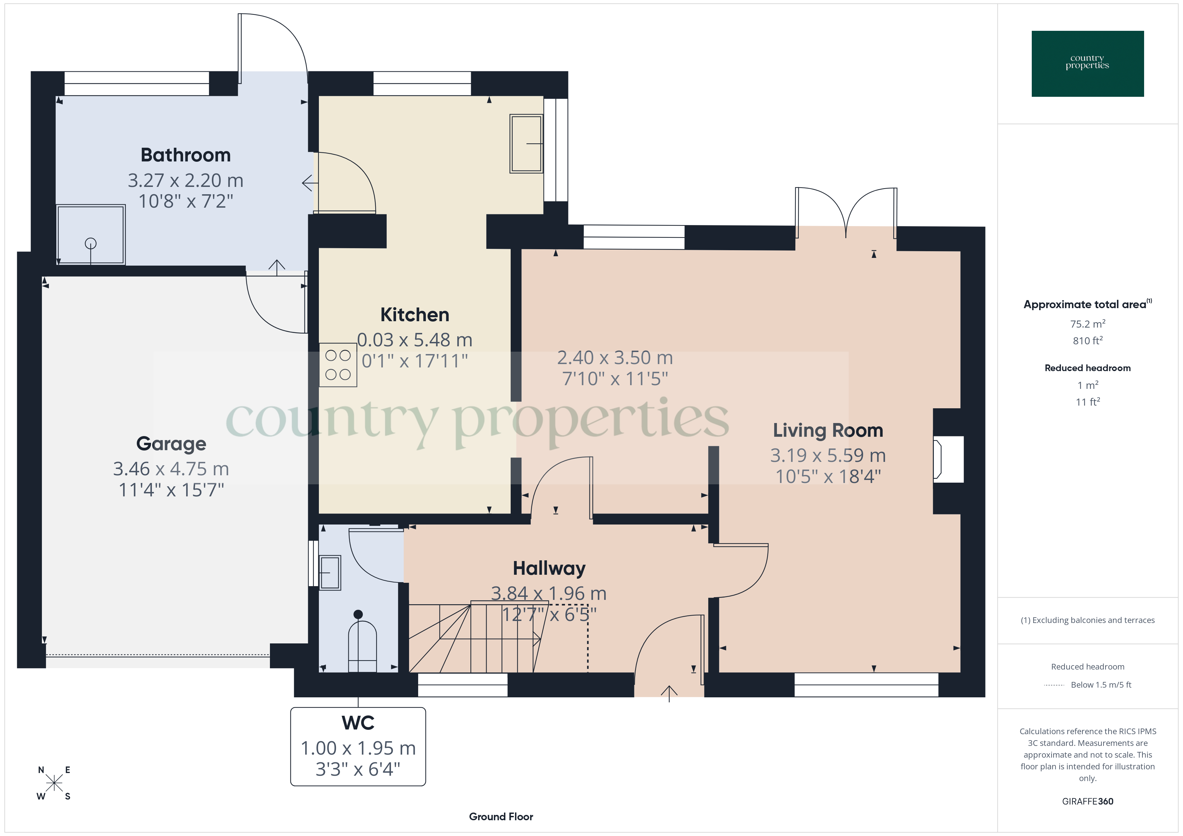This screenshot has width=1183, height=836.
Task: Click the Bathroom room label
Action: pos(185,155)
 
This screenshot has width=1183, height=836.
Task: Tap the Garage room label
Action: pos(171,444)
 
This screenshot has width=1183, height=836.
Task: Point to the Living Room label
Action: pos(828,430)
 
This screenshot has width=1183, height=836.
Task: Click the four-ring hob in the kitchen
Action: pos(338,365)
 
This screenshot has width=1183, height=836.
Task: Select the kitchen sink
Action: pos(526,144)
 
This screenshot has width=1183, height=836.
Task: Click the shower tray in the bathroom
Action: pos(91,235)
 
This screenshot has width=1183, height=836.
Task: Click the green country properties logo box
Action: pos(1087,64)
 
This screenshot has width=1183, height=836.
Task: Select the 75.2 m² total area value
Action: pos(1087,324)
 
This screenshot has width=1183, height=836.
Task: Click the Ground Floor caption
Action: pos(501,817)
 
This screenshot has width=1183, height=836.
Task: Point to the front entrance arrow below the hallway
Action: pos(669,693)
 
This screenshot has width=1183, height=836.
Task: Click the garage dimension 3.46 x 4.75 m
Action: pos(171,469)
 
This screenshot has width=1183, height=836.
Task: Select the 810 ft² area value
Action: pos(1087,341)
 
